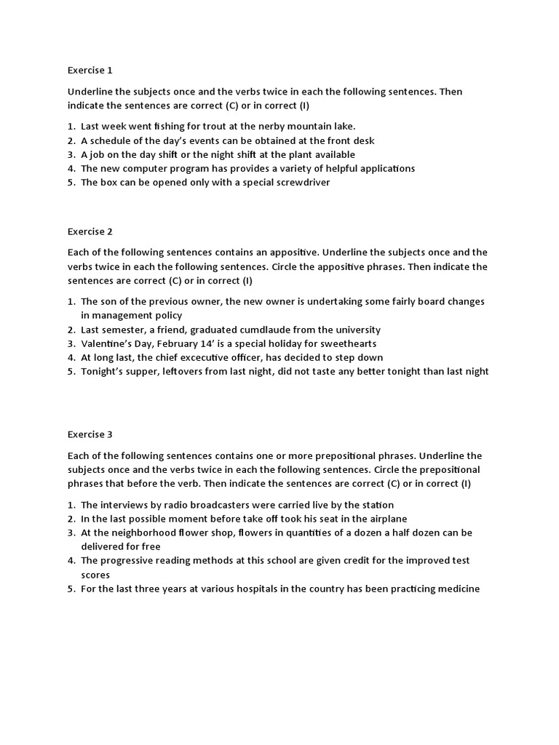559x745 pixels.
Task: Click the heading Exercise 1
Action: (x=90, y=71)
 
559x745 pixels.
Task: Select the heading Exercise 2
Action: (x=90, y=232)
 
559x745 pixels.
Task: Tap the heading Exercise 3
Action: (x=90, y=434)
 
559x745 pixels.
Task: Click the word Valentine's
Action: (x=107, y=343)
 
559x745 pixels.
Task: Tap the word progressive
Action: (x=129, y=560)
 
